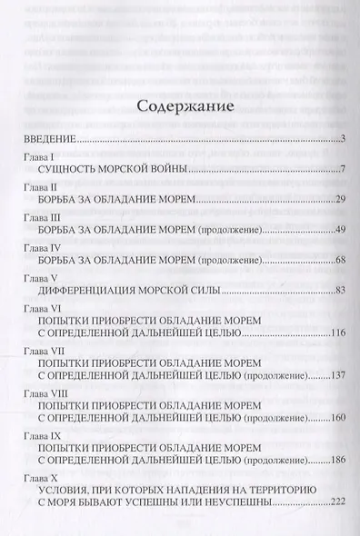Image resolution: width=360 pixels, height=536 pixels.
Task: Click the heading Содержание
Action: click(x=184, y=105)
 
